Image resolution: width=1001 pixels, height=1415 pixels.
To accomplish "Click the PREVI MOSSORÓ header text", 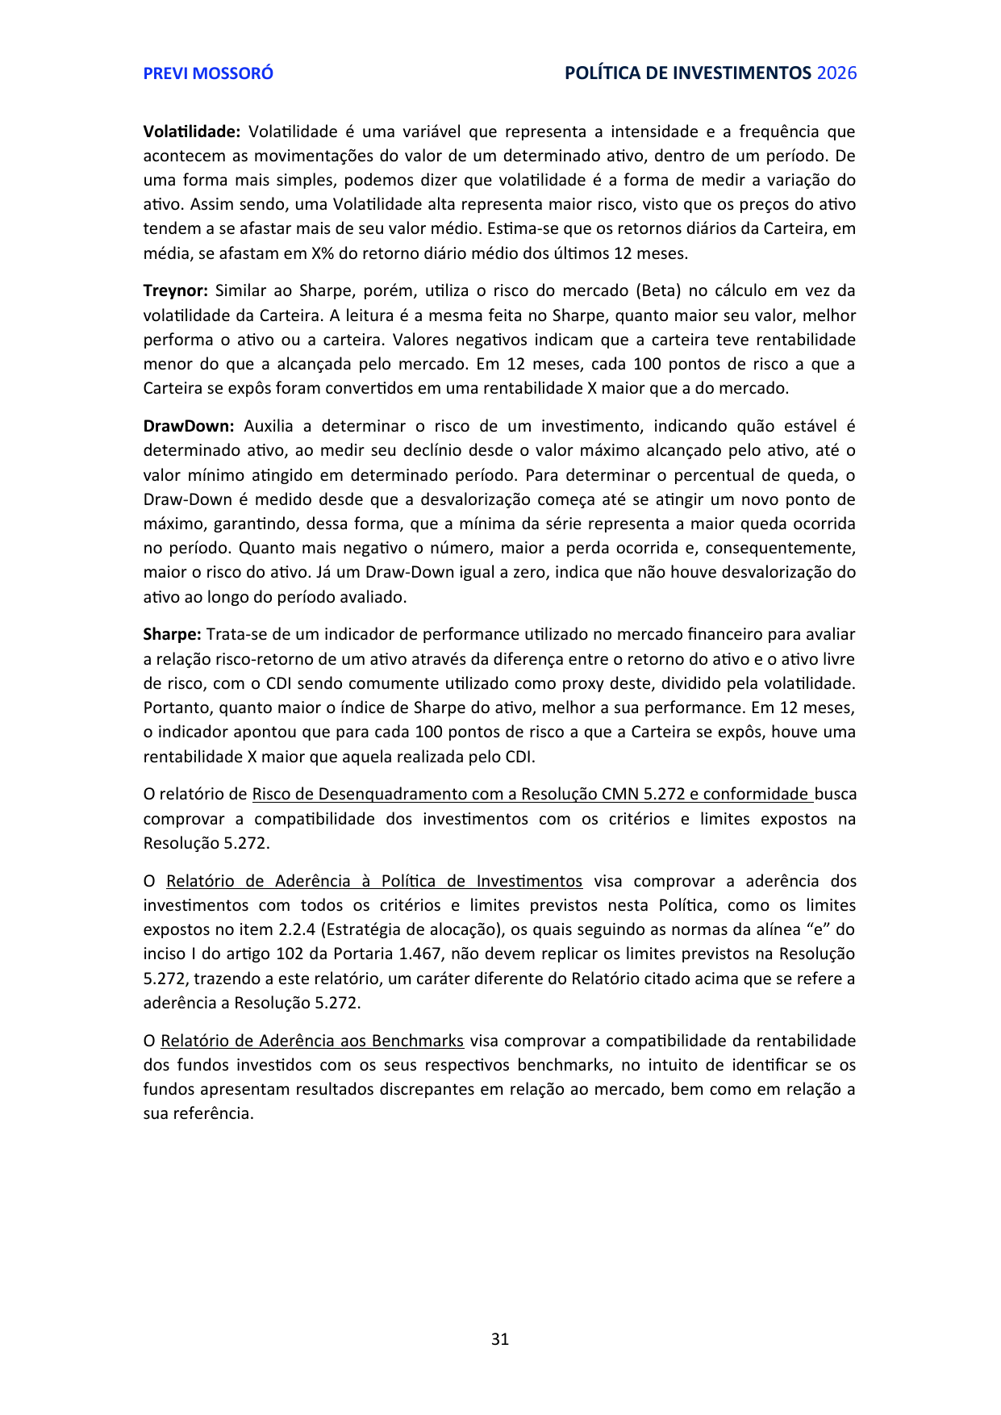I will tap(208, 73).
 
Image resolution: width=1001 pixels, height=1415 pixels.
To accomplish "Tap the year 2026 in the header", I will tap(836, 73).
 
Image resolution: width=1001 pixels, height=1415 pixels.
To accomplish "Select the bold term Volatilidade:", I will tap(192, 131).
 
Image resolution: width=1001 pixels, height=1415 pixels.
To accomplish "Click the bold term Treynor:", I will tap(176, 290).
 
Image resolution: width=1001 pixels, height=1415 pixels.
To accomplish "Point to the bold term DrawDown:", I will tap(189, 426).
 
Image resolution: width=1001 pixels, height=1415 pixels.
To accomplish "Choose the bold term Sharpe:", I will tap(172, 634).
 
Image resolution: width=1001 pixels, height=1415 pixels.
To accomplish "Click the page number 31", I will tap(500, 1339).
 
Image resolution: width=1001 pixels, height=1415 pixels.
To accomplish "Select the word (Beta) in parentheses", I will tap(660, 290).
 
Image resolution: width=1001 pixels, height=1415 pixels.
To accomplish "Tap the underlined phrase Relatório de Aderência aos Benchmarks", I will tap(312, 1041).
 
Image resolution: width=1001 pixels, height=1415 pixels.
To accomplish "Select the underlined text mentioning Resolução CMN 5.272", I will tap(532, 794).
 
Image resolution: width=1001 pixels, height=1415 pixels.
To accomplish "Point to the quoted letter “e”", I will tap(817, 929).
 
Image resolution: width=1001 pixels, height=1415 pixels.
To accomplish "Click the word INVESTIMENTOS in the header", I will tap(742, 73).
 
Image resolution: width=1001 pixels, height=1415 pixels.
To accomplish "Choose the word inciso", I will tap(165, 954).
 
